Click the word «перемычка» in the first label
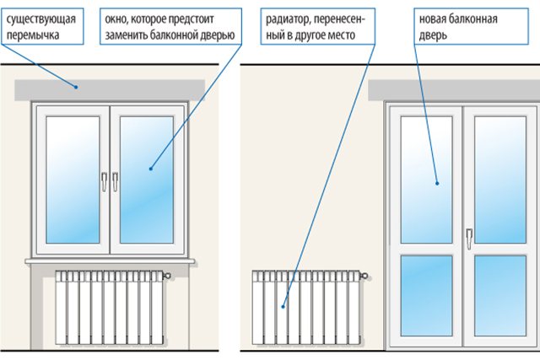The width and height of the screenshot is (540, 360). click(x=34, y=35)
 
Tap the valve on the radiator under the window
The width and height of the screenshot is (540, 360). click(x=168, y=276)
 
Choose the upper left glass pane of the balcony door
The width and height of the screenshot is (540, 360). click(x=426, y=177)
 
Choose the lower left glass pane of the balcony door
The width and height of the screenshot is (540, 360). click(x=426, y=295)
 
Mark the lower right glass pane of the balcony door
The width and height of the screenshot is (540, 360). click(x=500, y=295)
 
